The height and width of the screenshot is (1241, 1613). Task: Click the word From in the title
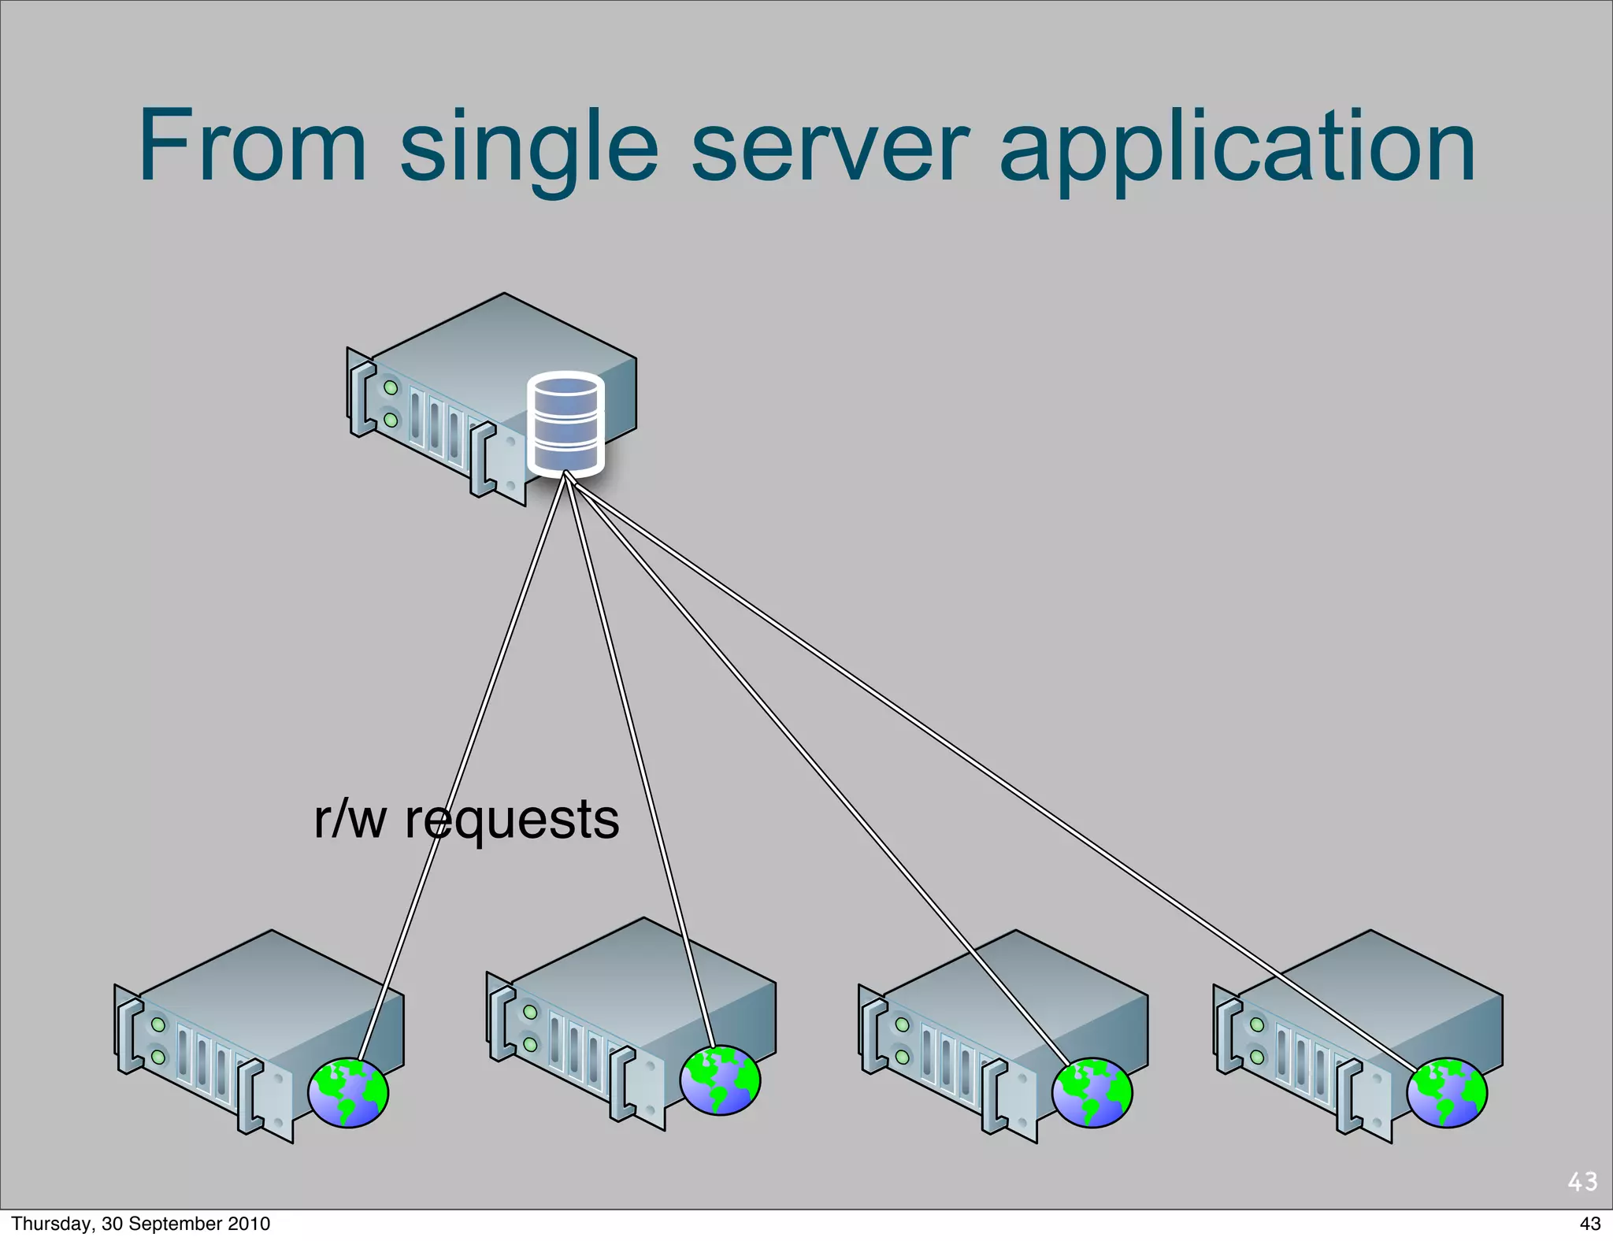[252, 147]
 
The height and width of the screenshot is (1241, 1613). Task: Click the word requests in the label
[512, 821]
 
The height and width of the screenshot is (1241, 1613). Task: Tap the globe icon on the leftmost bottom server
[348, 1093]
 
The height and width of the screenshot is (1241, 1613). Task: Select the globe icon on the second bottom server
[720, 1080]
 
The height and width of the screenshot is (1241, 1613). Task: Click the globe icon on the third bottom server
[1092, 1093]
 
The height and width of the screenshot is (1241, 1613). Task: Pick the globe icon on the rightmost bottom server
[1447, 1093]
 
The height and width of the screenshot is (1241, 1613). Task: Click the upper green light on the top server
[391, 387]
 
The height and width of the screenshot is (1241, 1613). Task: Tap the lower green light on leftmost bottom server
[159, 1057]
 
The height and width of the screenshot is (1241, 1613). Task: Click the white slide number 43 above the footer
[1582, 1181]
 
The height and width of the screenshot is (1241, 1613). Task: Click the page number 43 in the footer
[1590, 1224]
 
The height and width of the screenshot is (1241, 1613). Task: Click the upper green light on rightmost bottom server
[1257, 1024]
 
